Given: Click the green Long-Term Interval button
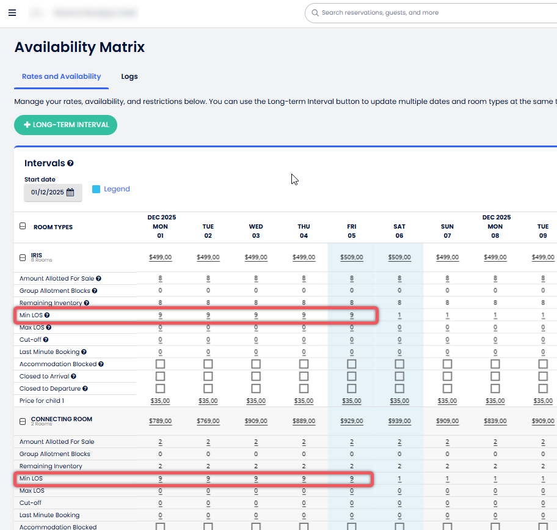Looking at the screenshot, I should [x=65, y=125].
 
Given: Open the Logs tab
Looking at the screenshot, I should [x=129, y=76].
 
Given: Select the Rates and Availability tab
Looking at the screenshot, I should [x=61, y=76].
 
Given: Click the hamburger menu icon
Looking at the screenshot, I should [x=12, y=13].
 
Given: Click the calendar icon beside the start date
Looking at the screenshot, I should [x=70, y=192].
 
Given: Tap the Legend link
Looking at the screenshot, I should [x=117, y=189].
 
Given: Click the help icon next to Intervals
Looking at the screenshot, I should [x=71, y=163].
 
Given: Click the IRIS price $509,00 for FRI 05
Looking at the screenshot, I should [x=352, y=257].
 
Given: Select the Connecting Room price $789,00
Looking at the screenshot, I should [x=160, y=421].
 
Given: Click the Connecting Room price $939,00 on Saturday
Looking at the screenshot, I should [x=399, y=421].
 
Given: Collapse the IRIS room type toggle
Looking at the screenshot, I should [x=23, y=257].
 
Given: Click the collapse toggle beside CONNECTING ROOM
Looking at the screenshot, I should [x=23, y=421].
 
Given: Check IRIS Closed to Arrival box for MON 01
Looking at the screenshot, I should [x=160, y=376].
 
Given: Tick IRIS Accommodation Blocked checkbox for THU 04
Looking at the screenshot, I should [x=304, y=364].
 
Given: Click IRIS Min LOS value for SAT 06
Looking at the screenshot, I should [x=399, y=315].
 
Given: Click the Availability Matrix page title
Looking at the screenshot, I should [x=79, y=47].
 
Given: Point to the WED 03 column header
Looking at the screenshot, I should [x=256, y=231].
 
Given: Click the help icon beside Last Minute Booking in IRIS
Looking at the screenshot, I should [x=84, y=352].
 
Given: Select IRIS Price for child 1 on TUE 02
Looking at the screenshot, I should [x=208, y=401].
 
